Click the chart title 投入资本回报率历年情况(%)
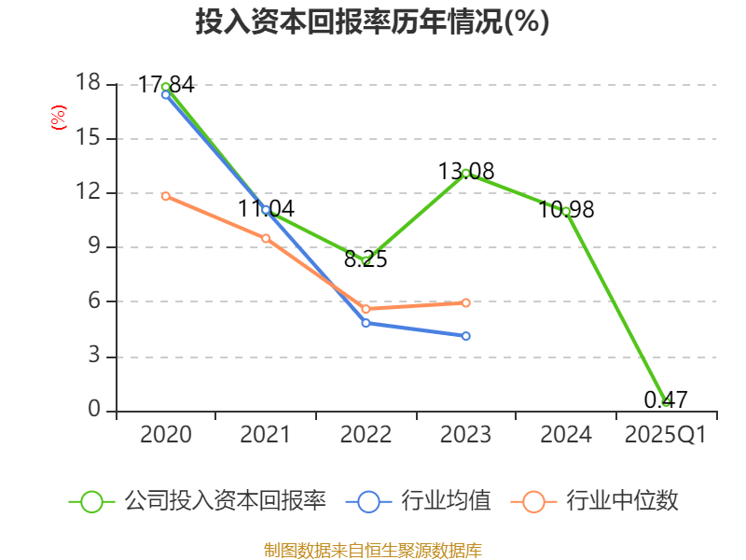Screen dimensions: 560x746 point(372,22)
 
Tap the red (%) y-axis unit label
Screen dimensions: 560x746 point(58,118)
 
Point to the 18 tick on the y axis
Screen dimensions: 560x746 point(88,84)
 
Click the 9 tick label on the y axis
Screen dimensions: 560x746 point(93,247)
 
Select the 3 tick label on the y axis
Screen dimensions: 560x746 point(93,357)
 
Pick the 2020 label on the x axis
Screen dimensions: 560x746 point(165,435)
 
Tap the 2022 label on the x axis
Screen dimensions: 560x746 point(366,435)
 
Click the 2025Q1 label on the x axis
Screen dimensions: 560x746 point(665,435)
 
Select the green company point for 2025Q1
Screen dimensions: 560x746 point(666,401)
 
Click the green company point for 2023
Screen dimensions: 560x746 point(465,173)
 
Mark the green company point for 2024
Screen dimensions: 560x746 point(566,211)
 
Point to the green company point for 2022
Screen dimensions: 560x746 point(366,260)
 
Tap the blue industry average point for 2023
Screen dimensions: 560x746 point(466,336)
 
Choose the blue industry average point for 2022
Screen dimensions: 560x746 point(366,323)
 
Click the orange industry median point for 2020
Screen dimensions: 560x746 point(165,196)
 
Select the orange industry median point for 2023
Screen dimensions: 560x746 point(466,302)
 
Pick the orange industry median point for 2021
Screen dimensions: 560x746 point(266,239)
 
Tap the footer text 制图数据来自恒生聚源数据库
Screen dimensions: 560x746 point(372,550)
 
